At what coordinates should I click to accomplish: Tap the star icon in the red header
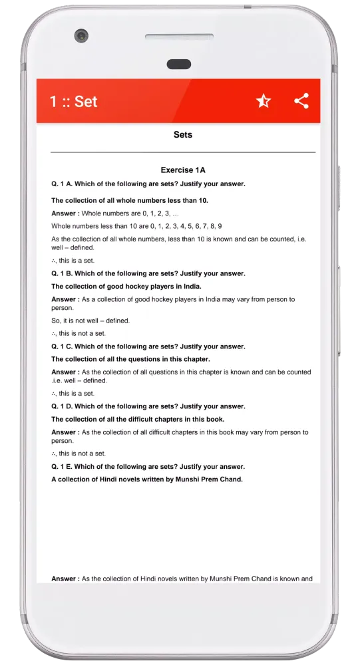[x=264, y=101]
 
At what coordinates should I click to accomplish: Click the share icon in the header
[x=301, y=101]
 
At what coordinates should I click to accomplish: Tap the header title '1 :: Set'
[x=73, y=101]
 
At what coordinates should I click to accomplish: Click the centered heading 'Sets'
[x=182, y=134]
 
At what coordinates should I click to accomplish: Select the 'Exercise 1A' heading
[x=182, y=170]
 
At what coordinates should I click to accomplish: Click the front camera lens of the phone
[x=81, y=35]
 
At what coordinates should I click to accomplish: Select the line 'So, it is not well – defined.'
[x=90, y=321]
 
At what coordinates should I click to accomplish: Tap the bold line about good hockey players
[x=126, y=287]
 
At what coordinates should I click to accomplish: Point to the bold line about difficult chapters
[x=138, y=419]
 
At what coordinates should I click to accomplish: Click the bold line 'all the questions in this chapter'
[x=131, y=359]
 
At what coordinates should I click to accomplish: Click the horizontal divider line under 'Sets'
[x=182, y=153]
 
